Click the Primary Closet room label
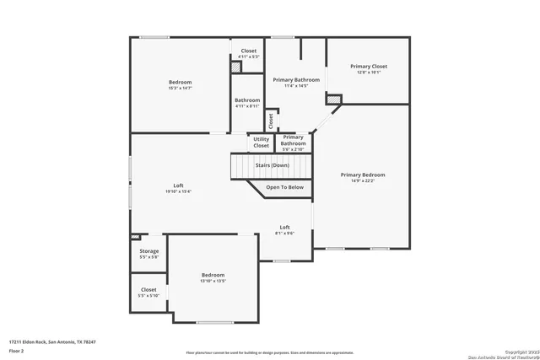(x=369, y=66)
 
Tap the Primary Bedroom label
(x=363, y=175)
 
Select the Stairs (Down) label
(x=272, y=165)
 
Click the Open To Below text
(x=284, y=187)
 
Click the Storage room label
(x=148, y=250)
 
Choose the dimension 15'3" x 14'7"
(x=180, y=89)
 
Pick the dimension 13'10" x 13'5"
(x=213, y=281)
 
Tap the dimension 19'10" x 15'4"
(x=179, y=191)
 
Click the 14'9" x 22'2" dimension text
(x=363, y=180)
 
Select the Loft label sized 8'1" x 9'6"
(x=285, y=227)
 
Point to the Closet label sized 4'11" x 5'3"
(x=249, y=51)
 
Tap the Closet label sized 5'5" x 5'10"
(x=148, y=289)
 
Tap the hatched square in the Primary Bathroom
(x=334, y=100)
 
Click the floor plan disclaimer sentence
(x=269, y=352)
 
